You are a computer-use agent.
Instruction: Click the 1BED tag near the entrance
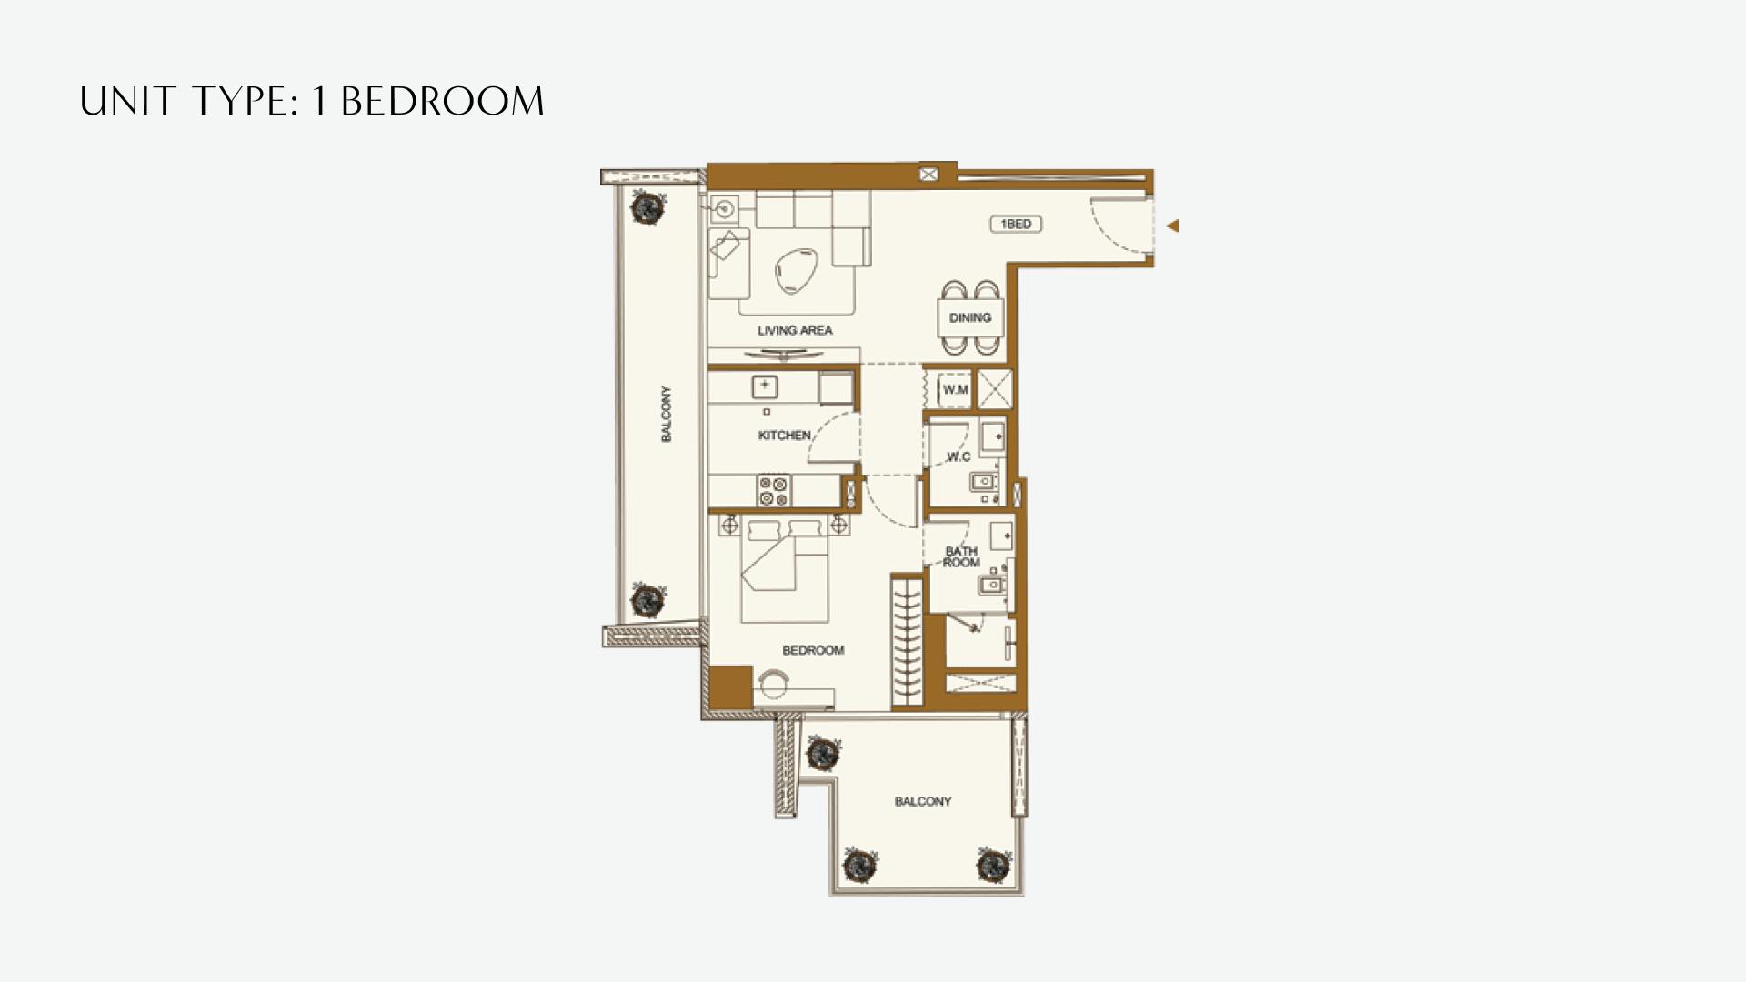click(x=1016, y=224)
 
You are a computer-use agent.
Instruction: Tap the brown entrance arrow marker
click(x=1173, y=225)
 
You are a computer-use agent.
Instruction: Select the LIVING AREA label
click(x=795, y=330)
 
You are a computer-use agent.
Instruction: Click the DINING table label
click(x=969, y=317)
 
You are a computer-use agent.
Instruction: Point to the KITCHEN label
click(x=784, y=436)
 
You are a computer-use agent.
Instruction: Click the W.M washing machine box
click(x=955, y=389)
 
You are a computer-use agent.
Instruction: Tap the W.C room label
click(x=958, y=456)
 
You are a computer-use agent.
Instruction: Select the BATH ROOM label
click(x=961, y=556)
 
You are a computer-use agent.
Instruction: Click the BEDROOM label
click(x=813, y=650)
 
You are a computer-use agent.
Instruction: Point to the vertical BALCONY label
click(x=666, y=415)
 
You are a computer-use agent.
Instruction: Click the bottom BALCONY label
click(x=922, y=801)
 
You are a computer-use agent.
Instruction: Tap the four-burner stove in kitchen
click(x=775, y=491)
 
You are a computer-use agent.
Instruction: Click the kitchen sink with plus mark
click(x=765, y=387)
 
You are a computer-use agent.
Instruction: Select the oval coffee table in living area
click(x=797, y=271)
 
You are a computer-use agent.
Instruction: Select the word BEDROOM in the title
click(x=442, y=101)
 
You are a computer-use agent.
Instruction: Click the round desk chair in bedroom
click(x=775, y=683)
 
